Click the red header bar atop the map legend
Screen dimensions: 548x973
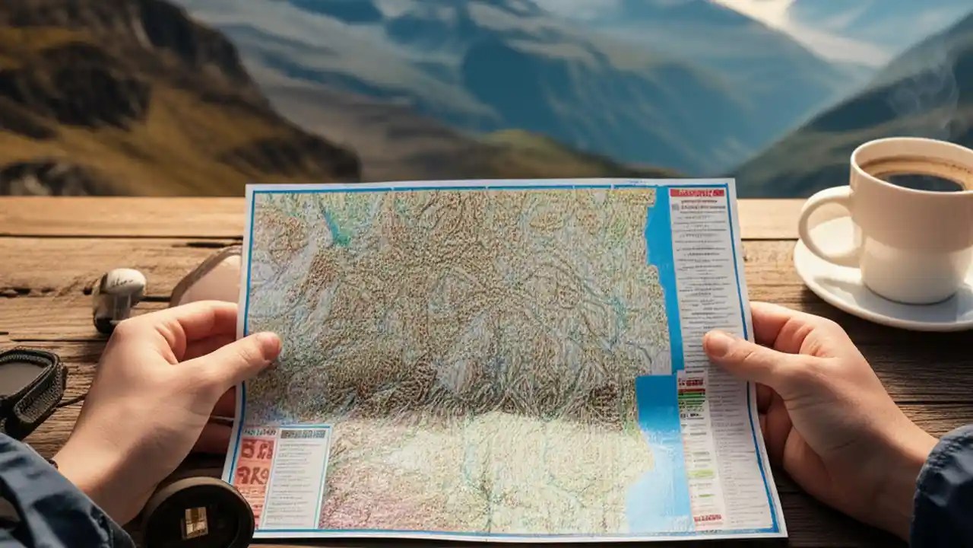point(696,193)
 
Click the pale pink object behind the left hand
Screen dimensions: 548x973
point(209,278)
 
